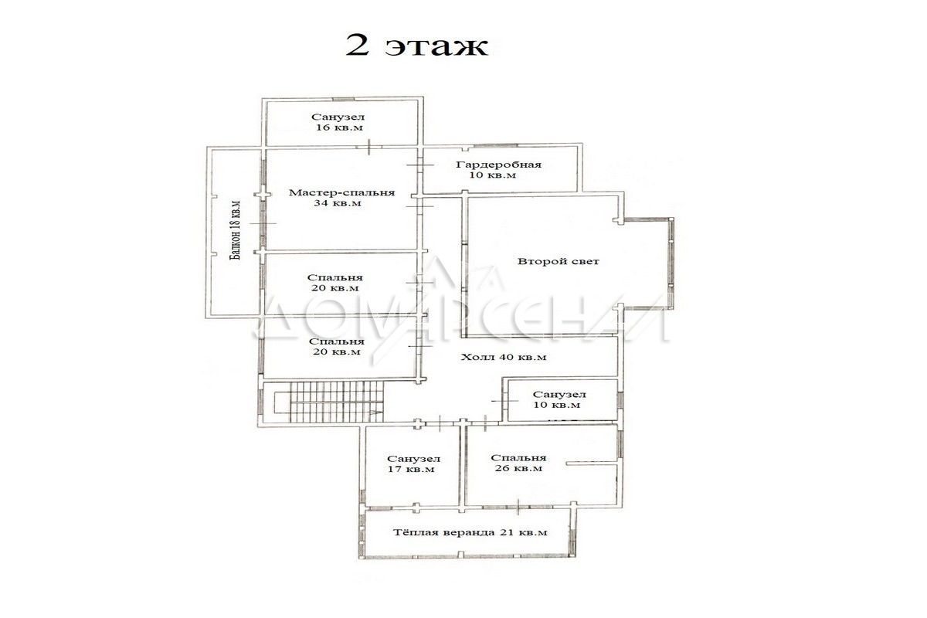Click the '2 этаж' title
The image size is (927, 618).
coord(416,45)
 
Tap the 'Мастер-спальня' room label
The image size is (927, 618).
coord(341,192)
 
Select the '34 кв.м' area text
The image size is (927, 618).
coord(338,203)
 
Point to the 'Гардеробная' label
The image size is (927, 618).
coord(499,165)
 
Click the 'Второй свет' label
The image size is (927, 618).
coord(559,261)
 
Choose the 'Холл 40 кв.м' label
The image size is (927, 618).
coord(504,357)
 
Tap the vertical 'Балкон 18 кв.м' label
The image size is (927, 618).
coord(236,230)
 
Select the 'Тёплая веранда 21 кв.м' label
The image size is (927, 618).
coord(470,532)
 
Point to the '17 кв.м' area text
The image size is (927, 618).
coord(411,470)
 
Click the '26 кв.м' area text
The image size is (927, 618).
coord(518,469)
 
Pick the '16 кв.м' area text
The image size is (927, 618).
coord(339,127)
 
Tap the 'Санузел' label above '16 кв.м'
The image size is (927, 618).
coord(338,117)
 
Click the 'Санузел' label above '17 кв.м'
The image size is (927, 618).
coord(414,459)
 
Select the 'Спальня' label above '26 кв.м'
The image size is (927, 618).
coord(518,458)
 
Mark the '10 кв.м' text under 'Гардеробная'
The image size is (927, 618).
coord(493,175)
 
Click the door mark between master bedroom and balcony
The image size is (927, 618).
coord(263,223)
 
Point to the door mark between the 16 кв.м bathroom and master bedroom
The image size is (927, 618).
coord(368,147)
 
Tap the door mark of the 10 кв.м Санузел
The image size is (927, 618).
coord(505,401)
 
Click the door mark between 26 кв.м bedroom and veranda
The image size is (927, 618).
coord(518,507)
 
